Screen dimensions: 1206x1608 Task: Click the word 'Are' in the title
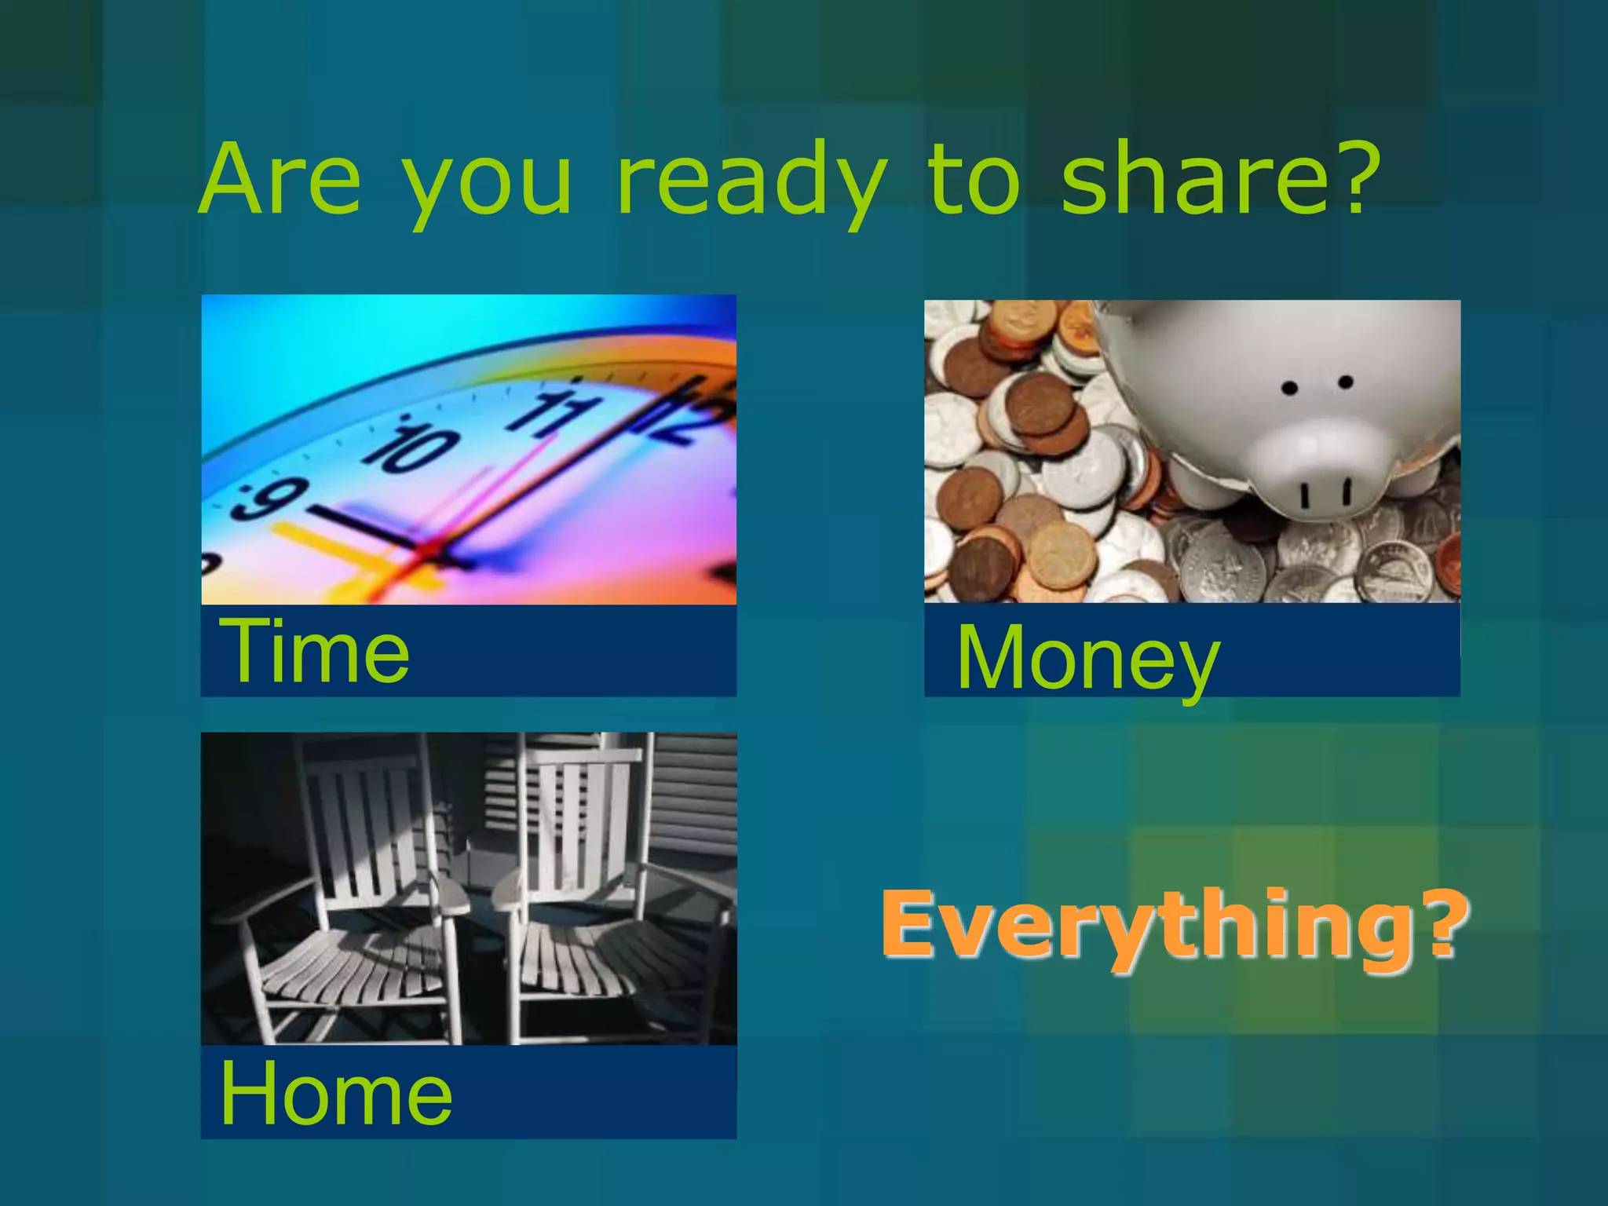pos(280,179)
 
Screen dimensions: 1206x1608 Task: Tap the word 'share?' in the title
pos(1219,179)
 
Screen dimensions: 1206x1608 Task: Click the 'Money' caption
pos(1087,658)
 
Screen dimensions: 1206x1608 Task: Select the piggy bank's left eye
pos(1289,388)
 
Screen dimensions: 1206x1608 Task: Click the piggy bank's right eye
pos(1345,382)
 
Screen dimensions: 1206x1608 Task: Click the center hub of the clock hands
pos(428,549)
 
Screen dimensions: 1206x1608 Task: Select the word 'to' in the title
pos(974,181)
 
